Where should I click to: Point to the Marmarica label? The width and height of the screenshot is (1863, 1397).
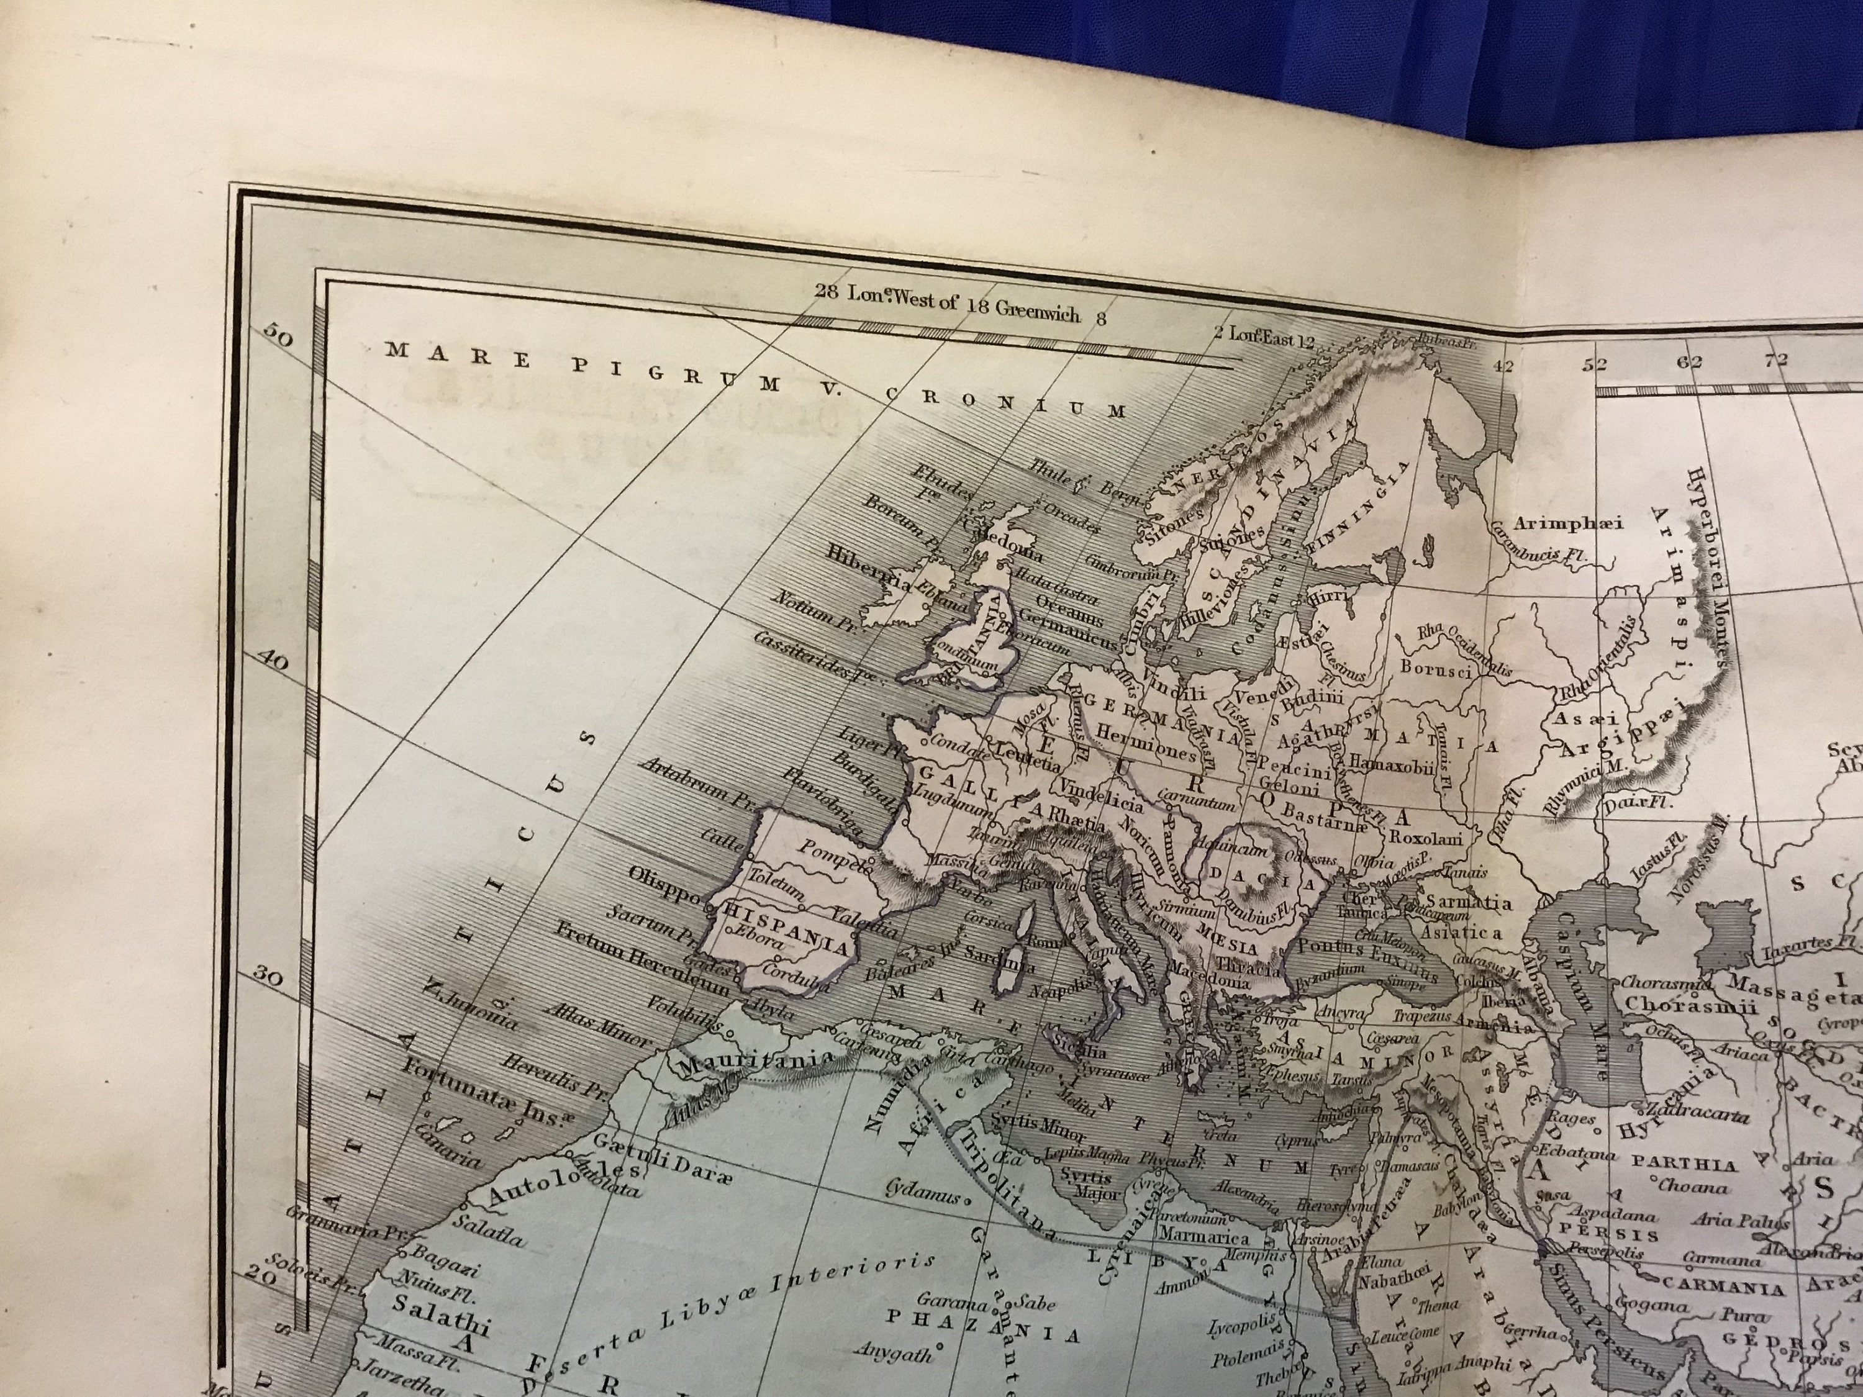1204,1238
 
